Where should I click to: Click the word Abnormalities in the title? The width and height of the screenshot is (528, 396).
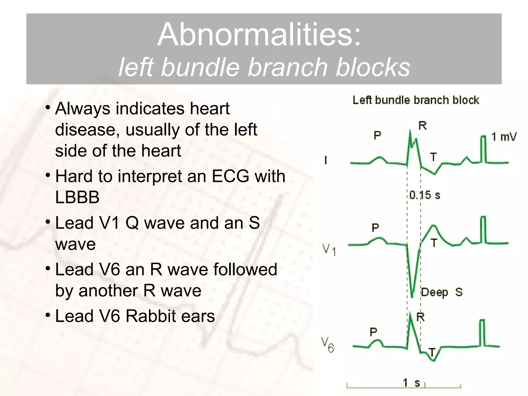259,35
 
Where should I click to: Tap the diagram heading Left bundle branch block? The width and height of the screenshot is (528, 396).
416,100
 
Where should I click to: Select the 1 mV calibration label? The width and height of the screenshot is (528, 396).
504,137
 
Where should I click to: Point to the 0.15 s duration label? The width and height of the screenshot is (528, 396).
425,195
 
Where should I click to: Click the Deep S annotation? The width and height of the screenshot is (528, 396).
442,292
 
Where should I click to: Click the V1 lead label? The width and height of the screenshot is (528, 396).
329,250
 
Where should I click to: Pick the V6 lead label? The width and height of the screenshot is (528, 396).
327,345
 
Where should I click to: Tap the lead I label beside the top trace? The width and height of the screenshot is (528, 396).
326,160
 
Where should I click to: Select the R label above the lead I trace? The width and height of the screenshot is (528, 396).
422,126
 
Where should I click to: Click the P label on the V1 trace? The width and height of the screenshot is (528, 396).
375,228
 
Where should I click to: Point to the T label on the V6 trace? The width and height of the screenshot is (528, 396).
432,352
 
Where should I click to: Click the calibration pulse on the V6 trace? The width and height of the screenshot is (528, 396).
482,333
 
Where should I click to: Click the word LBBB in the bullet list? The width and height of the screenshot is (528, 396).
77,197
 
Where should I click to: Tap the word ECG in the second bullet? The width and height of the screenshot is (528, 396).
230,177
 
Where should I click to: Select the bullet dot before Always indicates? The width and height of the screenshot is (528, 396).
48,108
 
